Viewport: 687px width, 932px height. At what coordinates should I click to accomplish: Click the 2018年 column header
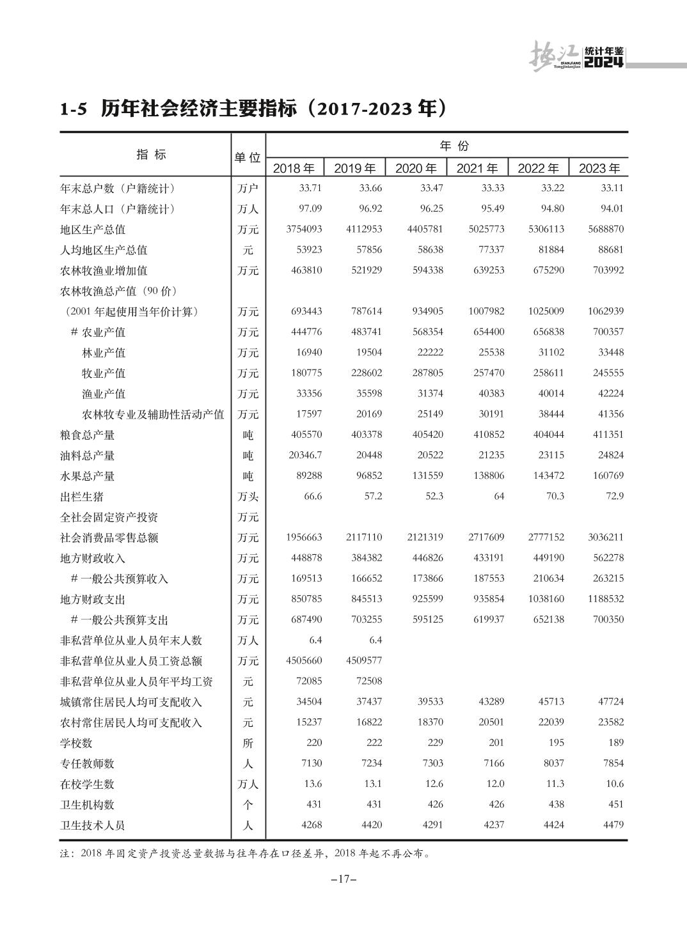coord(294,169)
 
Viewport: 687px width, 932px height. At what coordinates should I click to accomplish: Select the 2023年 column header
coord(599,169)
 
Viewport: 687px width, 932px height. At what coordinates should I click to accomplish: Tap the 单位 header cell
coord(248,157)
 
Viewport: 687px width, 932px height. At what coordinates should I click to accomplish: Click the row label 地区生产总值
coord(93,229)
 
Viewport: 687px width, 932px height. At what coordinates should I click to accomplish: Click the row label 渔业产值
coord(104,394)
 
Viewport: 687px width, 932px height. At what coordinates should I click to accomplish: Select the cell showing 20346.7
coord(304,455)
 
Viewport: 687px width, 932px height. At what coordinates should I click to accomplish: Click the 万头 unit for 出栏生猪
coord(248,497)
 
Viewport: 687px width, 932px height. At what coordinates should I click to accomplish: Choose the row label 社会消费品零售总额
coord(109,538)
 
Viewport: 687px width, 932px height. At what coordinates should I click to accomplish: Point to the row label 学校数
coord(76,743)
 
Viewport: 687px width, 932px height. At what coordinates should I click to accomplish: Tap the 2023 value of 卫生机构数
coord(615,804)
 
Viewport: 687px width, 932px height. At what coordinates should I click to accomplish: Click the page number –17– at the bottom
coord(343,879)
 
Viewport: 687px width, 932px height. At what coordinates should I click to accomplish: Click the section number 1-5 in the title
coord(73,109)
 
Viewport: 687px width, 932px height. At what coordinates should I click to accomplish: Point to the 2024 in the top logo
coord(604,63)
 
